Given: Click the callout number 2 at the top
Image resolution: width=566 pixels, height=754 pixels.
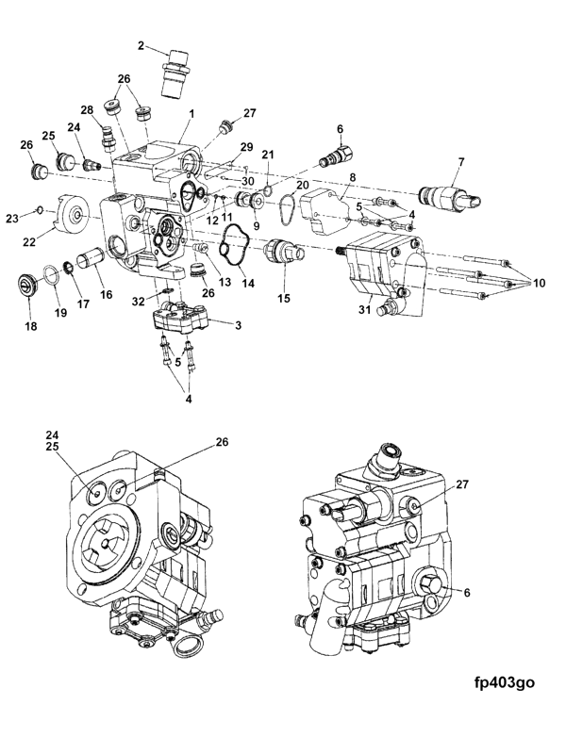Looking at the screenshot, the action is coord(141,45).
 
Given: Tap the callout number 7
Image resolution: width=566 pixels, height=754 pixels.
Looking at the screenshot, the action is coord(461,162).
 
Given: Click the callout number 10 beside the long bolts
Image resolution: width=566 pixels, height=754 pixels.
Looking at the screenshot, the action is coord(540,284).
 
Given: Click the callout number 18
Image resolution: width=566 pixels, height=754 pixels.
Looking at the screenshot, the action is coord(30,326).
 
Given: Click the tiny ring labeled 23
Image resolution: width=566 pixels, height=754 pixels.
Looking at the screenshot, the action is coord(40,209).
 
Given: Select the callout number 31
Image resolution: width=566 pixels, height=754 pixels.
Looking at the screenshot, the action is coord(364,310).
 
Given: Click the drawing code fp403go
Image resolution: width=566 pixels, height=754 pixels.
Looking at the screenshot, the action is coord(503,682).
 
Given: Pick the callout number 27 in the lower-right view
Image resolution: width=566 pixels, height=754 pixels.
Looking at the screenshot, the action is coord(462,484).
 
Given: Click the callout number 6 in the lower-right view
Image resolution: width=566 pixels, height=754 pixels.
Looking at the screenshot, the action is coord(466,593).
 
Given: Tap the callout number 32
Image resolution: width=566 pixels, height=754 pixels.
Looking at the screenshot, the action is coord(139,302).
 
